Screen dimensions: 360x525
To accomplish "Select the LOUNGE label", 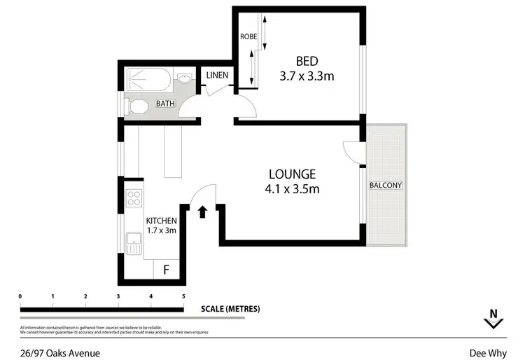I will click(293, 174).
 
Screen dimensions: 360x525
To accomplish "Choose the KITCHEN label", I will click(161, 221).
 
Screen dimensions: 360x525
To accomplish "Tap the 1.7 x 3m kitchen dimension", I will click(161, 230).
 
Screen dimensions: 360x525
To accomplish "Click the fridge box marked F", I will click(167, 270).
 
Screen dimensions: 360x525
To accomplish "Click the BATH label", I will click(165, 104).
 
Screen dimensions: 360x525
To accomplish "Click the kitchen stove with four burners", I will click(134, 198).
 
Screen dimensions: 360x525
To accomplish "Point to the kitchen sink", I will click(134, 244).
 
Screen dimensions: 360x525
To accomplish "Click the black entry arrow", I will click(203, 211).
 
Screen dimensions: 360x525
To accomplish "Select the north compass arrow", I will click(493, 319).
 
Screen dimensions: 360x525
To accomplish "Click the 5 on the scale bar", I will click(184, 297).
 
